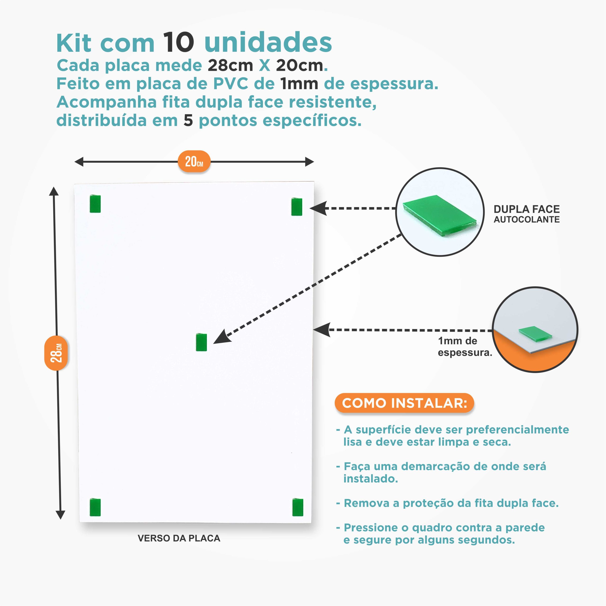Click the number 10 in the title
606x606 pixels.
point(178,42)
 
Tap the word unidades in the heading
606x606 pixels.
point(268,42)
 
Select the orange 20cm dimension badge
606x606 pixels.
point(194,161)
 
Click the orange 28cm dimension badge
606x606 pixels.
point(56,353)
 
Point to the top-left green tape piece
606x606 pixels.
point(95,204)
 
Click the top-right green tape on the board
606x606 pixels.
point(297,207)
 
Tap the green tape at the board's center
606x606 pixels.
point(201,342)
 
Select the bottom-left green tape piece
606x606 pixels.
point(95,507)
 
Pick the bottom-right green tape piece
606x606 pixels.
point(298,507)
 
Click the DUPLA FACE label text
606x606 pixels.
point(527,209)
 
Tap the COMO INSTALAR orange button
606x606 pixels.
point(404,403)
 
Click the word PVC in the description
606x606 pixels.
point(231,84)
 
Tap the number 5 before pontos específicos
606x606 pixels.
point(188,120)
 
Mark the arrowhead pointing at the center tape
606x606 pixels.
point(222,337)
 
